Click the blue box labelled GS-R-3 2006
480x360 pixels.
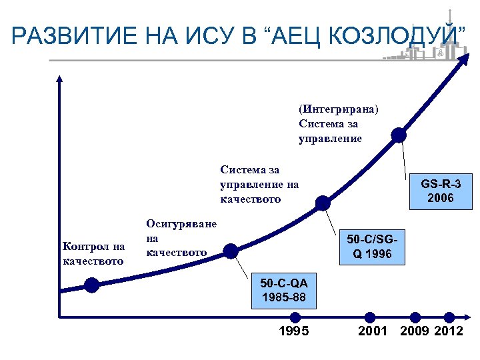click(441, 190)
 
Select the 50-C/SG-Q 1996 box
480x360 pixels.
click(373, 246)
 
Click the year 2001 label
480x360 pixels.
click(373, 331)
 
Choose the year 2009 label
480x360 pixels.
click(415, 331)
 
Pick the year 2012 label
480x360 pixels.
click(449, 331)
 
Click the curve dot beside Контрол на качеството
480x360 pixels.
click(91, 285)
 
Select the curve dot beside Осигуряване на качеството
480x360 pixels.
click(230, 251)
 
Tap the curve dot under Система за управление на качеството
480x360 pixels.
click(323, 203)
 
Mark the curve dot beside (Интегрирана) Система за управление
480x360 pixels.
click(399, 135)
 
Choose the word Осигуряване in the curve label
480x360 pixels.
click(181, 223)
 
